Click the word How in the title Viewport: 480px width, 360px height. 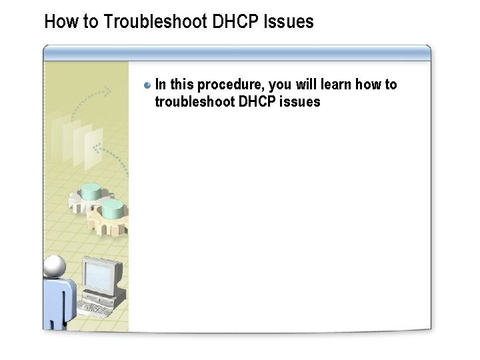point(58,22)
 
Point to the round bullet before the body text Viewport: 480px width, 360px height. point(147,86)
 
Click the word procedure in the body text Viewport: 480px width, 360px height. point(231,85)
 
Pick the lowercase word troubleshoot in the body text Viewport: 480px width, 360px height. point(194,102)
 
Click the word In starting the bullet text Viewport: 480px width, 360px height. point(161,85)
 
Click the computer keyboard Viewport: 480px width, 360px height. point(93,307)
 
